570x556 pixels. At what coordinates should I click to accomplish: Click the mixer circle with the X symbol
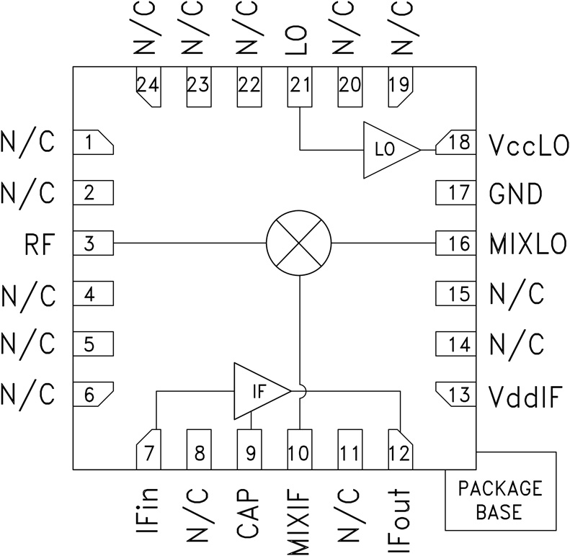tap(298, 243)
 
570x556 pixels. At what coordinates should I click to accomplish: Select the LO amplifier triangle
tap(386, 150)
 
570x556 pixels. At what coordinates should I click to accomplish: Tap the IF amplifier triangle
tap(257, 391)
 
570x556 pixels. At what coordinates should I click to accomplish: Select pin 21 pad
tap(299, 87)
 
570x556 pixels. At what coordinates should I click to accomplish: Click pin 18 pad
tap(455, 142)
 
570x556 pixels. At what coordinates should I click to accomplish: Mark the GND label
tap(515, 194)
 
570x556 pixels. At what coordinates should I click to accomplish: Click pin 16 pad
tap(455, 243)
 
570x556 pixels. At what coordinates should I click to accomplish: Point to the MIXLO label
tap(527, 244)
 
